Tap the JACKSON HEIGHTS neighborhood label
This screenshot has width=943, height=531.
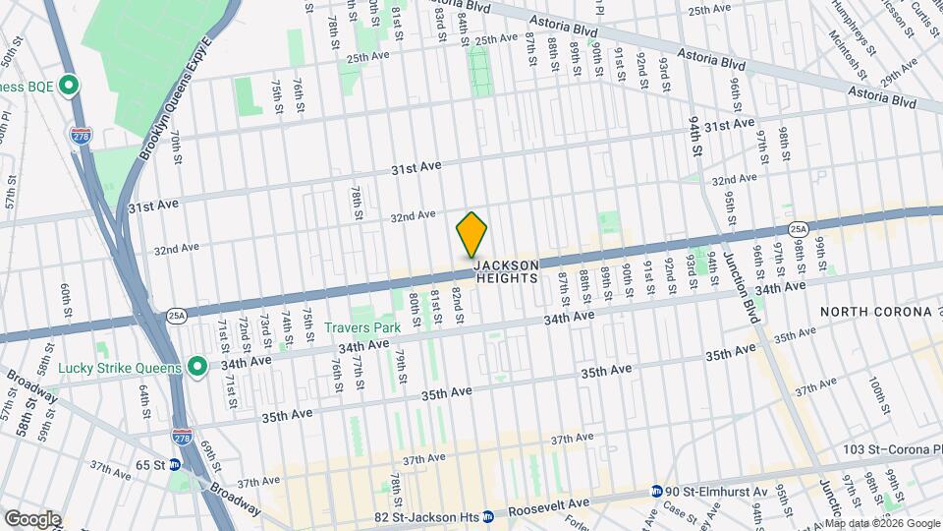(507, 272)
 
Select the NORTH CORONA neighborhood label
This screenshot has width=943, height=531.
(875, 312)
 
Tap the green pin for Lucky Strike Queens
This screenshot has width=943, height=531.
(197, 368)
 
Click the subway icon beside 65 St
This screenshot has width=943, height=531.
(175, 465)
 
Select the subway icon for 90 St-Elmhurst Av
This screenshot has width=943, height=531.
(656, 492)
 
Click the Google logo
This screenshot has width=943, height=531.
(31, 519)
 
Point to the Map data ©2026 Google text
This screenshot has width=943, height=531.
(882, 523)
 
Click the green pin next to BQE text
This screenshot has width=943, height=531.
(68, 87)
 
